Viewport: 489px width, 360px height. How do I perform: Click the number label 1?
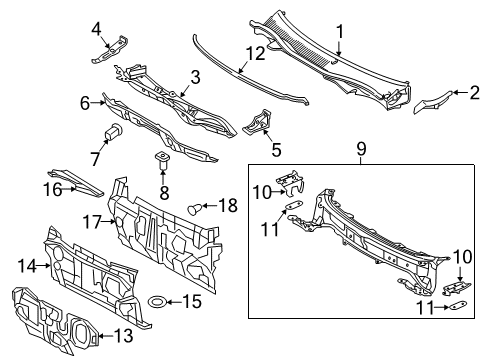coord(339,32)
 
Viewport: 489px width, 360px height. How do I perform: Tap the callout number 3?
coord(196,77)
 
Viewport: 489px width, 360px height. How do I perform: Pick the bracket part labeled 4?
coord(112,50)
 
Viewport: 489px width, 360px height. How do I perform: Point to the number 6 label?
coord(86,102)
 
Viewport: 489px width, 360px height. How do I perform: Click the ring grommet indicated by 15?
coord(158,301)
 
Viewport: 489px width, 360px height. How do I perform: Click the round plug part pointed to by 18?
coord(195,208)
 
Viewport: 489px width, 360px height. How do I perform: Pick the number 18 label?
coord(227,208)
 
